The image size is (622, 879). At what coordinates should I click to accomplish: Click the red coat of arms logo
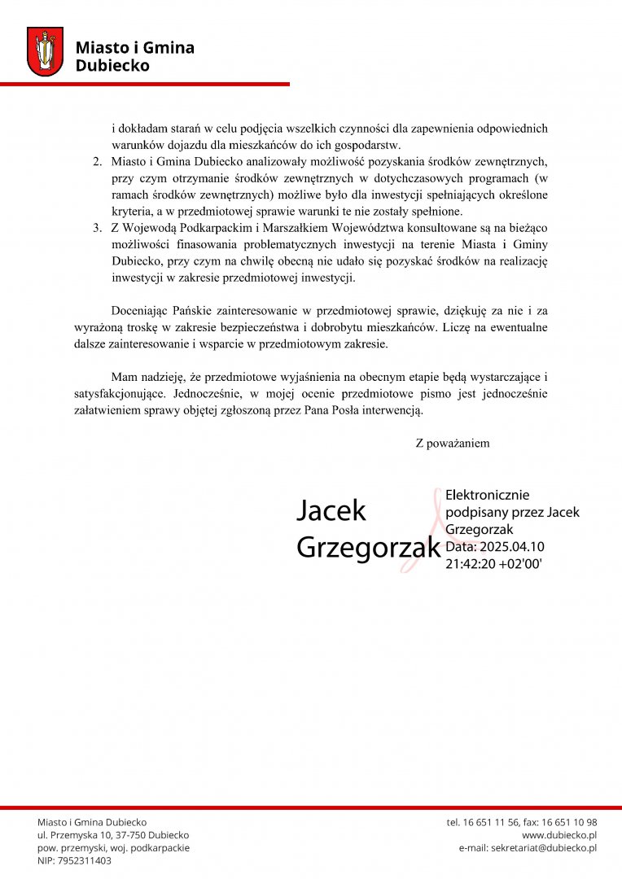pyautogui.click(x=45, y=52)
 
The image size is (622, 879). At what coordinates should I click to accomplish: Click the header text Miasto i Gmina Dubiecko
pyautogui.click(x=134, y=56)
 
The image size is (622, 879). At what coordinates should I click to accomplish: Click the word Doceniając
pyautogui.click(x=139, y=311)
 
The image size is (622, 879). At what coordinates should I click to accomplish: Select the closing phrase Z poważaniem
pyautogui.click(x=452, y=444)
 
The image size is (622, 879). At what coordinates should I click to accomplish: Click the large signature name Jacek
pyautogui.click(x=331, y=511)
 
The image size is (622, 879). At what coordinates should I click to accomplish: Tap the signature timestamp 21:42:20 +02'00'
pyautogui.click(x=493, y=562)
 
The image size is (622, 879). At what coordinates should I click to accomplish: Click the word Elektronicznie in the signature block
pyautogui.click(x=488, y=495)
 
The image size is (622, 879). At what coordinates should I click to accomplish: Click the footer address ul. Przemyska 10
pyautogui.click(x=83, y=835)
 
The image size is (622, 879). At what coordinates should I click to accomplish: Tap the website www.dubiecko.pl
pyautogui.click(x=559, y=835)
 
